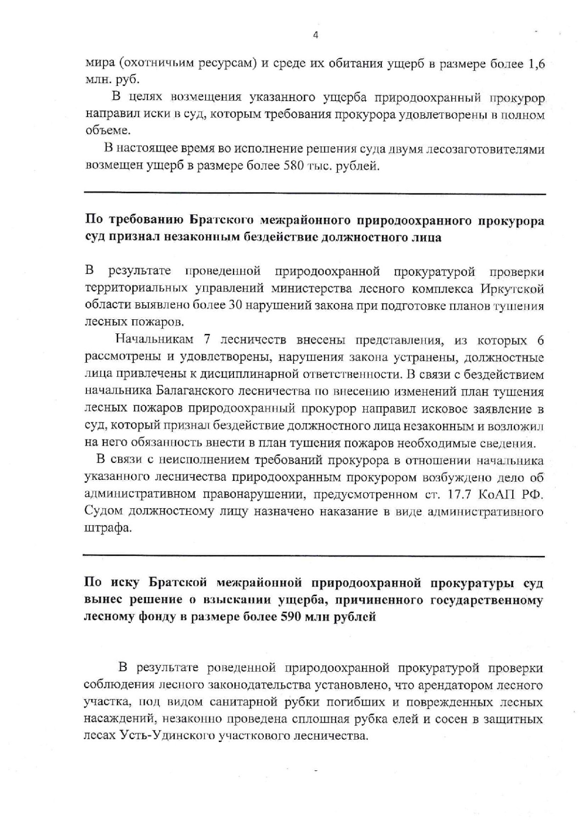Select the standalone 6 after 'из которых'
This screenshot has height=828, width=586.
[x=540, y=340]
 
